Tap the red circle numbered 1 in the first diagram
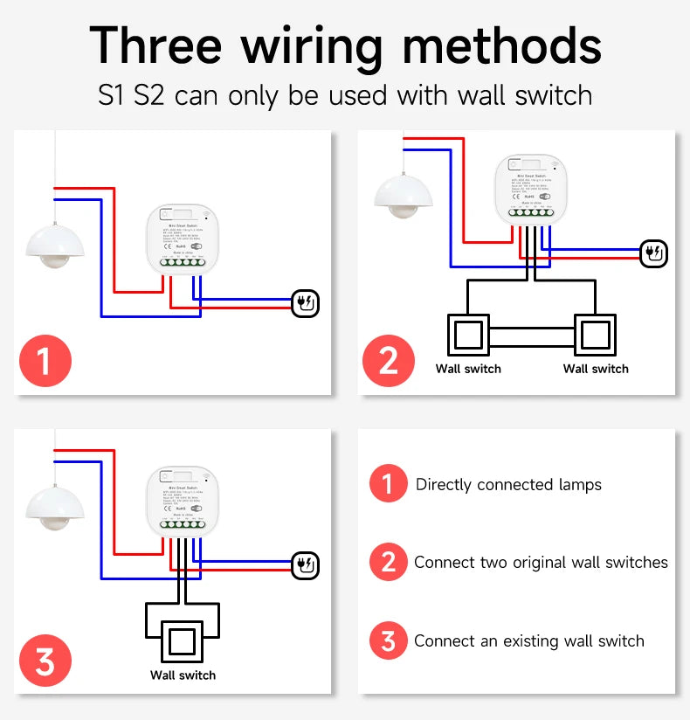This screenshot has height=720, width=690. click(x=45, y=360)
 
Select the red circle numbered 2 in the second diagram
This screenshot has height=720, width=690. click(x=389, y=360)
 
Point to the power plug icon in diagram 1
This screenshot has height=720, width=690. click(x=306, y=304)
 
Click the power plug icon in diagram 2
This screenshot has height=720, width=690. click(x=653, y=253)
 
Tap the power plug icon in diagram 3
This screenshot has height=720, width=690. click(x=306, y=565)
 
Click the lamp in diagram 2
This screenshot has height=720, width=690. click(x=403, y=194)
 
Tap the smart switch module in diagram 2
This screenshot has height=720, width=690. click(x=526, y=188)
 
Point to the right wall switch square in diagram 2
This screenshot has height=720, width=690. click(x=596, y=335)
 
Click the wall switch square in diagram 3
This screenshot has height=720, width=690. click(x=183, y=641)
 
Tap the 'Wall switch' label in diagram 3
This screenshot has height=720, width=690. click(x=183, y=675)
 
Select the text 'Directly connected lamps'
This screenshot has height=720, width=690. click(x=508, y=484)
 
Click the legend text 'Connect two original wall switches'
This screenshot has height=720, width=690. click(x=541, y=563)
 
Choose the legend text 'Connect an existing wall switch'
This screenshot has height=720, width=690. click(x=529, y=641)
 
